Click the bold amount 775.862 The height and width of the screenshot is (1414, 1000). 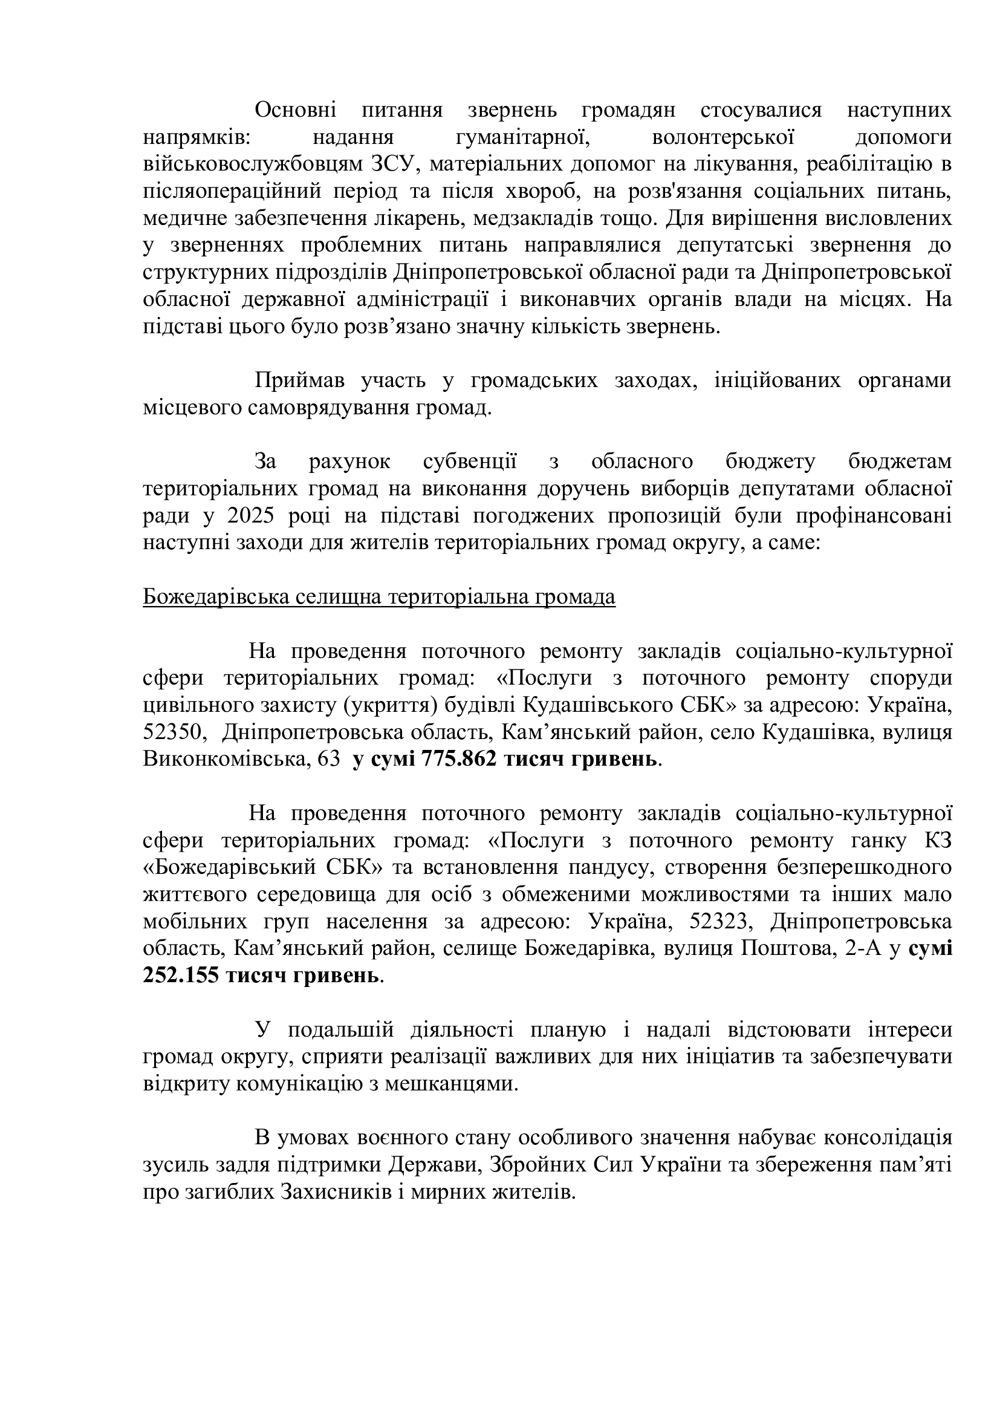[x=459, y=760]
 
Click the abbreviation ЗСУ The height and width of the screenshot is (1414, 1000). [x=391, y=165]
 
